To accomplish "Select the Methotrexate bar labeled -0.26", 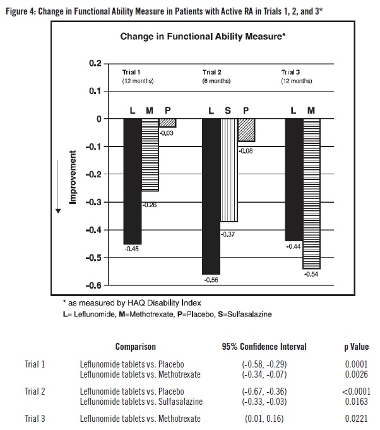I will click(150, 155).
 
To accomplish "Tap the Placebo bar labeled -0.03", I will click(167, 123).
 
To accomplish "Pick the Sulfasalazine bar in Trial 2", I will click(229, 170).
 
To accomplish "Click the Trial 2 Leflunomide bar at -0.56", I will click(211, 196).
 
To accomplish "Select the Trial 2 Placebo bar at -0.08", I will click(246, 130).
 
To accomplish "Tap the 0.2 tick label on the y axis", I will click(95, 64).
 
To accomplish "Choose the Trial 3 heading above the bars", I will click(289, 73).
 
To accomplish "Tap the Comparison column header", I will click(135, 347).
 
